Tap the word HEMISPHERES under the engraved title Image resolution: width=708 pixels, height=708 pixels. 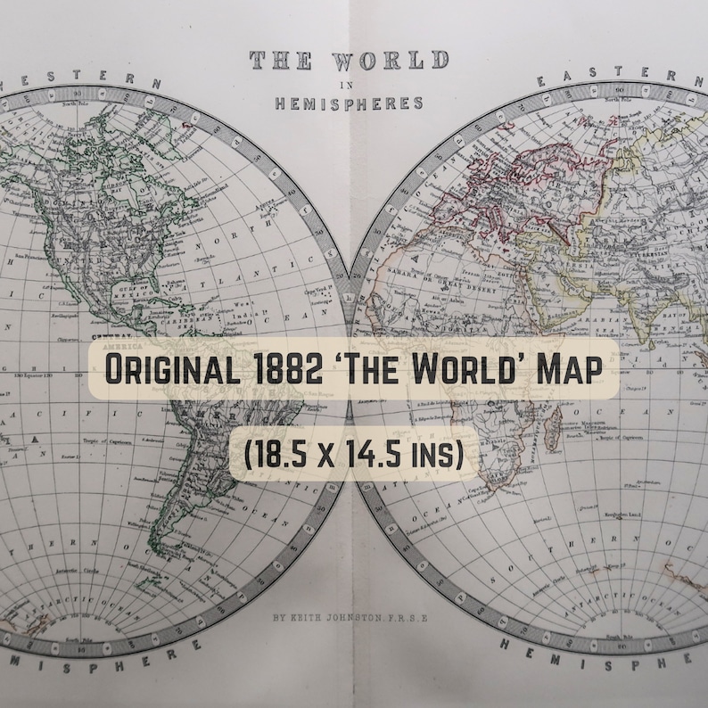(349, 103)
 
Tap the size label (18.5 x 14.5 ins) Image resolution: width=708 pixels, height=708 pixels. (354, 456)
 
